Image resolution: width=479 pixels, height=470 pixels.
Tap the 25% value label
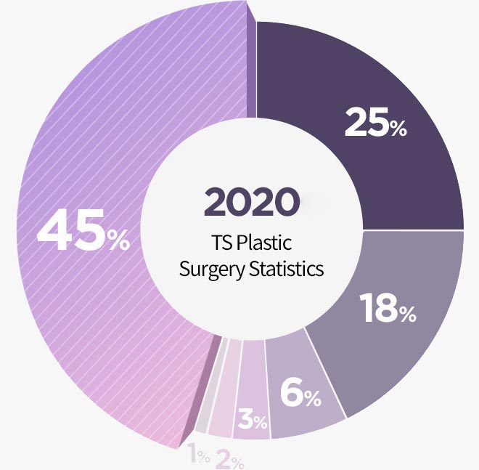pyautogui.click(x=375, y=124)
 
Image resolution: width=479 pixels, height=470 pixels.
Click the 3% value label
pyautogui.click(x=253, y=421)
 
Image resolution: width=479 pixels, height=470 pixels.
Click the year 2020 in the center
pyautogui.click(x=251, y=201)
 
